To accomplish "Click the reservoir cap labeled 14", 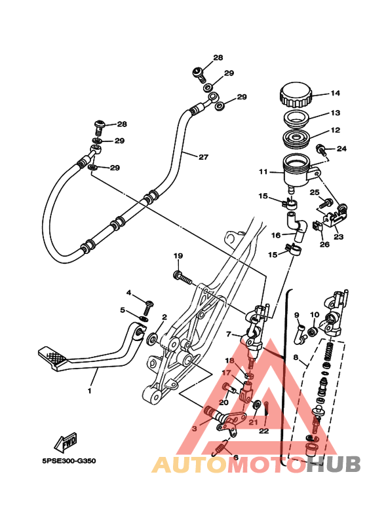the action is point(296,95).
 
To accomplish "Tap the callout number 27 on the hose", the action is point(203,157).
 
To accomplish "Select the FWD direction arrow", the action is point(66,441).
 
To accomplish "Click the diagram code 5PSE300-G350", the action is point(69,460).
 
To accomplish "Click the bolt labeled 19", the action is point(183,277).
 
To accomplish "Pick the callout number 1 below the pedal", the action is point(90,391).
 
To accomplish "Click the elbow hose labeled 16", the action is point(298,227).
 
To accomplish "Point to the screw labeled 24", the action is point(320,149).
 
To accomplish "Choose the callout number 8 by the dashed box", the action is point(296,357).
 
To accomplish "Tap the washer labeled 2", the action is point(152,339).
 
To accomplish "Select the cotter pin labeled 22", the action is point(266,409).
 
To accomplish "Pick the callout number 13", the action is point(336,113).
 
